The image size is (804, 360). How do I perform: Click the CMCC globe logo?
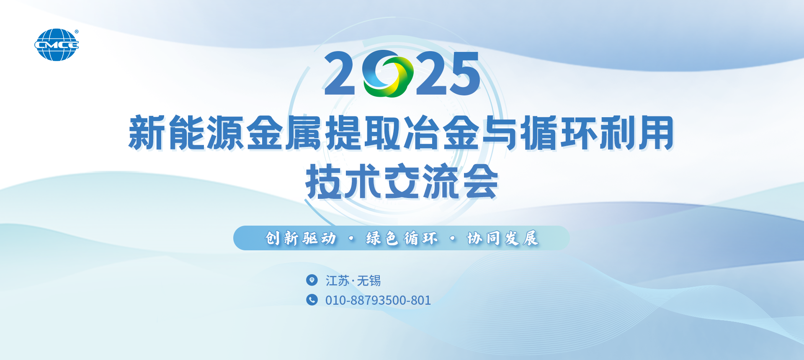(57, 45)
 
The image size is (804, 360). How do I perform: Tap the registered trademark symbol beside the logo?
(76, 31)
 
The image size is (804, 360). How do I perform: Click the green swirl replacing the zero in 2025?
(388, 74)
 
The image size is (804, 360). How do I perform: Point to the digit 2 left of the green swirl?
(340, 73)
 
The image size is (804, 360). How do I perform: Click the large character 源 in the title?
(225, 133)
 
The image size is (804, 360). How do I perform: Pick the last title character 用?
(656, 133)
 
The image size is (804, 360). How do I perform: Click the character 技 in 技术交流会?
(324, 181)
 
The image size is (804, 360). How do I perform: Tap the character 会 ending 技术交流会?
(480, 181)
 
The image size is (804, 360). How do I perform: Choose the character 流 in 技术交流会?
(441, 181)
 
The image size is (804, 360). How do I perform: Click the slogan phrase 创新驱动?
(301, 238)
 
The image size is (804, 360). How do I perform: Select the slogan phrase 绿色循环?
(402, 238)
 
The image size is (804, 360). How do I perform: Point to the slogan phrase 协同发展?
(503, 238)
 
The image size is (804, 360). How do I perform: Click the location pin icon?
(312, 280)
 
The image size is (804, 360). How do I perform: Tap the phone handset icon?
(312, 300)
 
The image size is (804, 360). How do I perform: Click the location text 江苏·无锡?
(353, 280)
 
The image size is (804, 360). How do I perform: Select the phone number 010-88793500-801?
(378, 300)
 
